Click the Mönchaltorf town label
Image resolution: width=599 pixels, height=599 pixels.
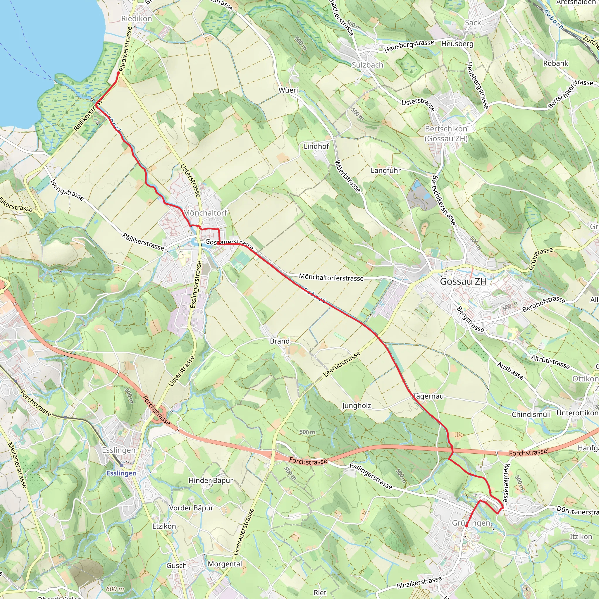pos(205,213)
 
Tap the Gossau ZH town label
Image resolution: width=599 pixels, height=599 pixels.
pos(463,282)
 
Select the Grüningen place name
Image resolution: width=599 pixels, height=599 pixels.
pos(471,523)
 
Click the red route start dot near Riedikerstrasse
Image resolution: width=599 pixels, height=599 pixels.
pos(118,73)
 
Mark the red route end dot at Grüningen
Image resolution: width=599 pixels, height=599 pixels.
pos(466,526)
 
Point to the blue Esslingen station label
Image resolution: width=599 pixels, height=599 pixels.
pos(121,473)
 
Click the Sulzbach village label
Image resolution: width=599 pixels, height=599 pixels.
pos(367,65)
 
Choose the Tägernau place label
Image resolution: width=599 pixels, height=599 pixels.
pos(428,396)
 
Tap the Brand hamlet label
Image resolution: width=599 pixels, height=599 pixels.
pos(280,341)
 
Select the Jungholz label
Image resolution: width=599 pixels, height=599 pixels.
pos(357,406)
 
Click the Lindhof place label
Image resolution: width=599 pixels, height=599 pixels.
pos(316,146)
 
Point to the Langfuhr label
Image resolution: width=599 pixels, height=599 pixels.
pos(386,170)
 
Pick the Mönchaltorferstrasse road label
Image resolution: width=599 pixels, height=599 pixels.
pos(331,278)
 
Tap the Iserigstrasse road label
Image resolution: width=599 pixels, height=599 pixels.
pos(67,190)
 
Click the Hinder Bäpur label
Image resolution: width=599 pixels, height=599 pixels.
pos(211,480)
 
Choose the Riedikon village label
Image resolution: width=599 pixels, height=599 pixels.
pos(136,19)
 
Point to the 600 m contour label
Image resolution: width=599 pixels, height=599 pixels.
pos(115,589)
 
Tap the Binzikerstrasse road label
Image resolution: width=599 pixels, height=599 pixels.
pos(419,583)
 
